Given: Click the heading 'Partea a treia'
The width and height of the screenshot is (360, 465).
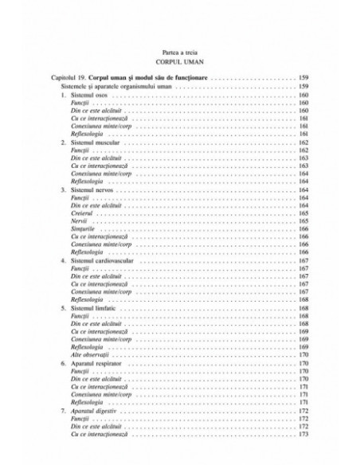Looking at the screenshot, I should (179, 50).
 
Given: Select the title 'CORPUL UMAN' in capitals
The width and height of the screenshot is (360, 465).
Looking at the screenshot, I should (179, 61).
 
